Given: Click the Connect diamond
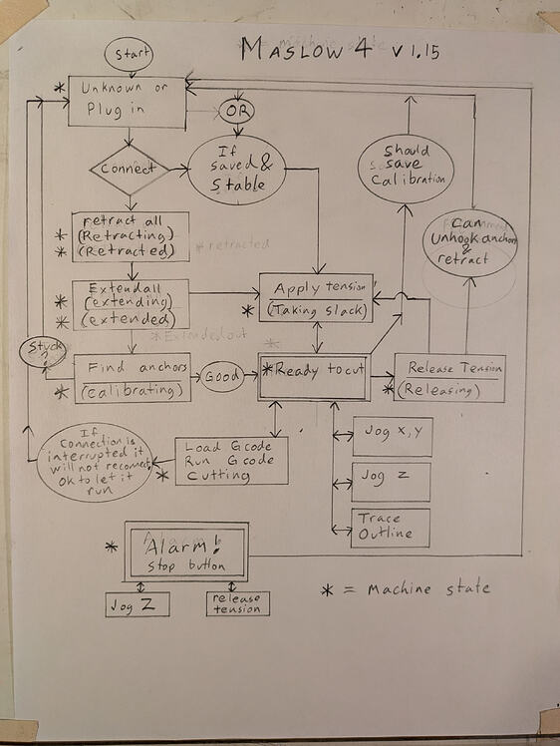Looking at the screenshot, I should click(x=130, y=170).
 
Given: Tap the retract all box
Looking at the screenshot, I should click(x=131, y=236).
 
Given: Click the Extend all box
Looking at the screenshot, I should click(x=131, y=304).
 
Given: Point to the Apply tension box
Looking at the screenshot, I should click(x=317, y=297).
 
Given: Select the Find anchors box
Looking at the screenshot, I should click(x=132, y=378).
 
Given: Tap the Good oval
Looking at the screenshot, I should click(x=224, y=378).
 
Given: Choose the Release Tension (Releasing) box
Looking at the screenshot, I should click(x=449, y=378).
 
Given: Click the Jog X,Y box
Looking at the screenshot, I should click(x=392, y=437).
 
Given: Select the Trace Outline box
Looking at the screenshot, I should click(x=390, y=528).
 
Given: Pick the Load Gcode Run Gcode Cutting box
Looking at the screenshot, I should click(x=230, y=461).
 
